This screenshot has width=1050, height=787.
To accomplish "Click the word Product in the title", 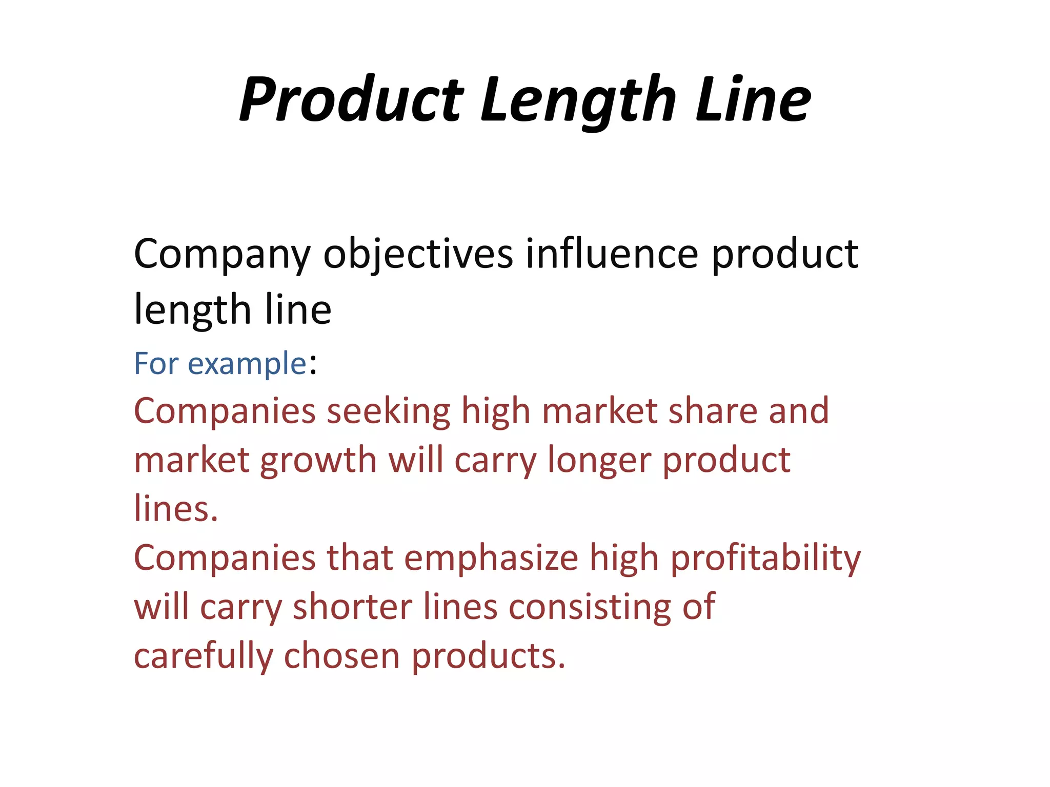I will point(351,99).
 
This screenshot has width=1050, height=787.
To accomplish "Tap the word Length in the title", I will point(578,99).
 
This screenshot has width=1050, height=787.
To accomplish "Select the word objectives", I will point(418,254).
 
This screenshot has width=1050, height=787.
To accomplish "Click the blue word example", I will point(247,364).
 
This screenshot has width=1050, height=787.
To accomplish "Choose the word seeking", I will point(388,411).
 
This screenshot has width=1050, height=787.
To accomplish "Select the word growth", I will point(318,460).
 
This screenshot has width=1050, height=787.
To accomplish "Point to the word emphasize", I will point(491,557).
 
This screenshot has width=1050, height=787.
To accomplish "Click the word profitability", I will point(765,558).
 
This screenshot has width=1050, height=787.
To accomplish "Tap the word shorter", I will point(352,607).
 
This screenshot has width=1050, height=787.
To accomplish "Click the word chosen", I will point(341,656).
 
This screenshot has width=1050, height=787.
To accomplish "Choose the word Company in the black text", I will point(222,254).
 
